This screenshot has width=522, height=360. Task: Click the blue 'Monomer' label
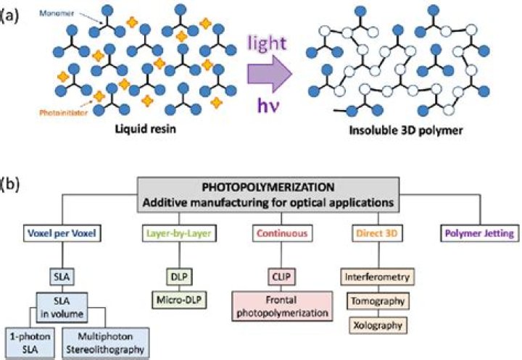tap(79, 13)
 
